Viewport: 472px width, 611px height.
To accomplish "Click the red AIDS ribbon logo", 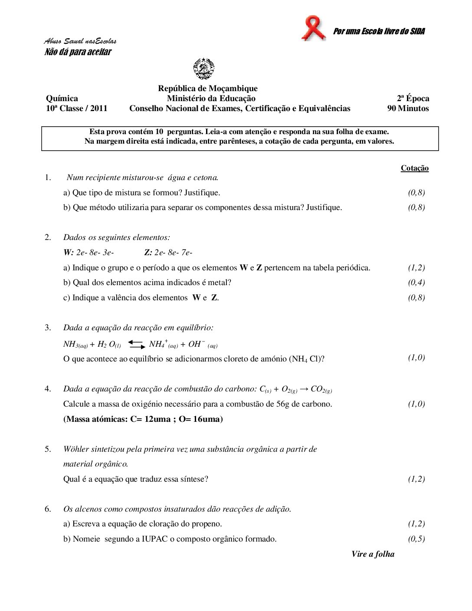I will [313, 28].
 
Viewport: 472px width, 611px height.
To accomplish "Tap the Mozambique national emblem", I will [204, 69].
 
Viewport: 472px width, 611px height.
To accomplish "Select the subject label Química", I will [62, 99].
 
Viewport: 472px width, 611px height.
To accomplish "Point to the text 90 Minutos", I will [408, 108].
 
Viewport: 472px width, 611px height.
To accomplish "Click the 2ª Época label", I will [413, 99].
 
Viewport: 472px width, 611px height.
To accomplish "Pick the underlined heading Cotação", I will [414, 168].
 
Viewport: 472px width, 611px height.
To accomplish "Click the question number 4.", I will [48, 389].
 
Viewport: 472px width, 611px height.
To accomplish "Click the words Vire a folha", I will [373, 554].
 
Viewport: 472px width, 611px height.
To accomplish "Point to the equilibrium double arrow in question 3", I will [136, 345].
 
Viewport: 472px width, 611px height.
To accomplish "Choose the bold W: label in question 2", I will [69, 253].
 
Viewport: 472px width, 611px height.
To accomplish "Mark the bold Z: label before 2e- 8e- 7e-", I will [148, 253].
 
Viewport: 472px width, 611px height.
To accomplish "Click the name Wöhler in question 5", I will [76, 449].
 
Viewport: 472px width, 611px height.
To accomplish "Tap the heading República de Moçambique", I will [207, 89].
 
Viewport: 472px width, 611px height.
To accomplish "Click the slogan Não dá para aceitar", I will [78, 52].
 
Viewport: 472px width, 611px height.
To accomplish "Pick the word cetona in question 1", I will [205, 177].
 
